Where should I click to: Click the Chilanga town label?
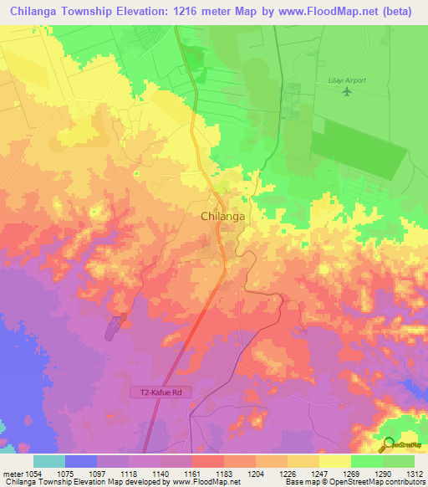(x=223, y=216)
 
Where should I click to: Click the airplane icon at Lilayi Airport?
(x=347, y=90)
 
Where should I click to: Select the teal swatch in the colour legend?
(x=49, y=460)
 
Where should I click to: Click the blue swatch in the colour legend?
(x=81, y=460)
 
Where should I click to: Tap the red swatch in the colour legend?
(x=208, y=460)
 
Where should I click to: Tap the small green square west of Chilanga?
(x=136, y=173)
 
